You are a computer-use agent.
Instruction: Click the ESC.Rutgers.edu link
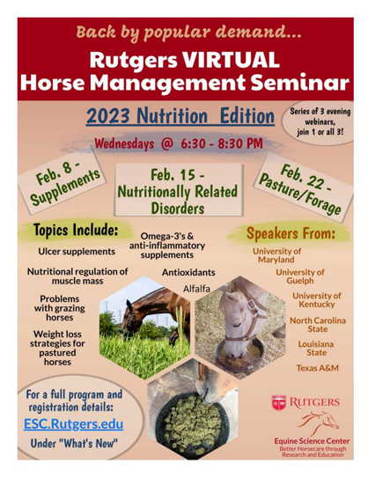(73, 423)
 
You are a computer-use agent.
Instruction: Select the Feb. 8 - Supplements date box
(63, 181)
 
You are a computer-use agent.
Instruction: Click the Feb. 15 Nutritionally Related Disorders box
(179, 189)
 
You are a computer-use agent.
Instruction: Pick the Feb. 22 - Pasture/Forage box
(303, 188)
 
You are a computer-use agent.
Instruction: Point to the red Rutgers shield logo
(279, 402)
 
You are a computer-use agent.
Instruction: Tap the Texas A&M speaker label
(318, 368)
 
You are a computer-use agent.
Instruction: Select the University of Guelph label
(300, 276)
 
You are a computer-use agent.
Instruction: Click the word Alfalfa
(196, 289)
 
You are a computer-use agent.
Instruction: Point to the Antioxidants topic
(188, 272)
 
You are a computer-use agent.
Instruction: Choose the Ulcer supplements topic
(77, 252)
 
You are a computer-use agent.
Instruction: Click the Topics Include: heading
(76, 230)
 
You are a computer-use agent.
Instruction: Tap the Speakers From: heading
(291, 233)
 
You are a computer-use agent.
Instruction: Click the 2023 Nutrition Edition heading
(180, 116)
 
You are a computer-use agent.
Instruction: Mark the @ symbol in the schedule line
(167, 143)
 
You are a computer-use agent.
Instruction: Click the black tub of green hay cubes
(191, 423)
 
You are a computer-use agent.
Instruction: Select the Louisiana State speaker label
(316, 349)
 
